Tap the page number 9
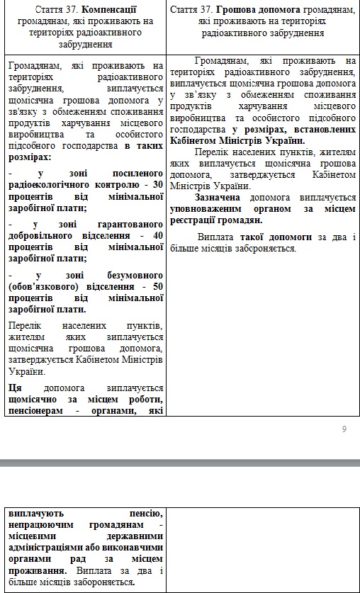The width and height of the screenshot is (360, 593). (344, 429)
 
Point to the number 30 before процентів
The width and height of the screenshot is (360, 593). (157, 184)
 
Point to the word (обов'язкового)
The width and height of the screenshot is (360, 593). (43, 286)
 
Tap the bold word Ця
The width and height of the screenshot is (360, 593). (15, 388)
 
